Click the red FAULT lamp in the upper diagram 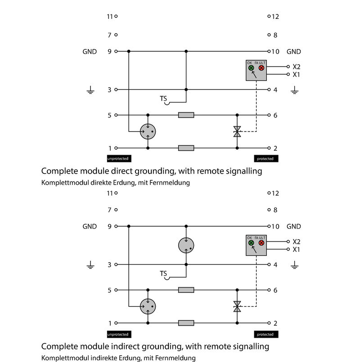click(x=261, y=68)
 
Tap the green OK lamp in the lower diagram click(x=251, y=243)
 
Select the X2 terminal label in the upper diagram click(x=296, y=66)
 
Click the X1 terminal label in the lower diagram click(x=296, y=250)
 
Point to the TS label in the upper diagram click(x=163, y=98)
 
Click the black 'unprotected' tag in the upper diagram click(x=118, y=159)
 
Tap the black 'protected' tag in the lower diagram click(x=265, y=334)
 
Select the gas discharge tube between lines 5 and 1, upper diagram click(x=148, y=131)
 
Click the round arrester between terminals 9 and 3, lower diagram click(x=186, y=245)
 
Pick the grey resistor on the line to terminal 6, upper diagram click(x=186, y=115)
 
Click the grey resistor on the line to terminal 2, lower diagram click(x=186, y=323)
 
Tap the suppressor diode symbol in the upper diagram click(x=237, y=132)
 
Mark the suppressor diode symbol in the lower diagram click(x=237, y=307)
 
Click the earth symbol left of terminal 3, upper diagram click(x=90, y=91)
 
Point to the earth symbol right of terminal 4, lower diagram click(x=294, y=266)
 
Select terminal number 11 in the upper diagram click(x=109, y=17)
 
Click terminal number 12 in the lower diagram click(x=276, y=193)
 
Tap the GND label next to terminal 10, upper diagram click(x=294, y=52)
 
